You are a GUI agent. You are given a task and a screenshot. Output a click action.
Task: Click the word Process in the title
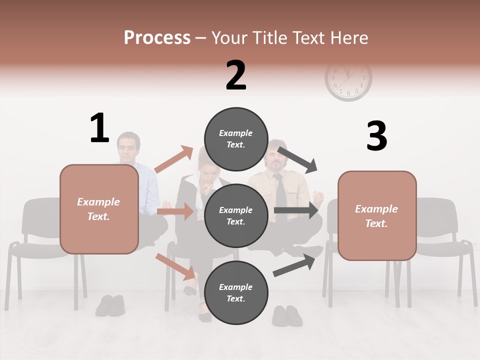(157, 38)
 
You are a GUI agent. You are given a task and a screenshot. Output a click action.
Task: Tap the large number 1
(99, 128)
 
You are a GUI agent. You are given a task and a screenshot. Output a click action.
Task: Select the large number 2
(236, 75)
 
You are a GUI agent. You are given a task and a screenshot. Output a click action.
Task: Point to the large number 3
(376, 136)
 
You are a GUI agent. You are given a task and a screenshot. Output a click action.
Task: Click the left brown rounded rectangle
(99, 209)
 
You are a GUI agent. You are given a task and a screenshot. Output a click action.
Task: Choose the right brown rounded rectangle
(377, 215)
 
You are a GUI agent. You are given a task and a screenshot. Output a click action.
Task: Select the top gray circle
(236, 139)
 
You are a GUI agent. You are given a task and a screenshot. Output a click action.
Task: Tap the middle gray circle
(236, 216)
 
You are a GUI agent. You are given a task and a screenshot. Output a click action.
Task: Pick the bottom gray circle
(236, 293)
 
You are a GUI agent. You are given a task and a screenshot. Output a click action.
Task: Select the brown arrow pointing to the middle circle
(175, 211)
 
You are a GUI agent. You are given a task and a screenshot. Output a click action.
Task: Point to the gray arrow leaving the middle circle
(296, 210)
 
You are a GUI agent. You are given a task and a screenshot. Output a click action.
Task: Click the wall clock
(348, 80)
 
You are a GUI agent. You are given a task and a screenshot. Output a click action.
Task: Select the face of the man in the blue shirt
(128, 147)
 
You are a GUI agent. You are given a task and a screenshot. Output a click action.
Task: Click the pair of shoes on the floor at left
(110, 305)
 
